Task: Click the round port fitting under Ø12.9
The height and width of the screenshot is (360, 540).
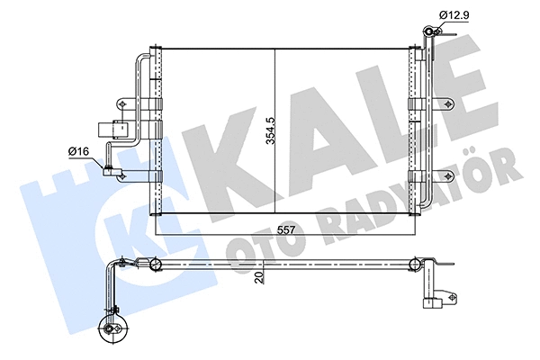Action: [430, 34]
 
